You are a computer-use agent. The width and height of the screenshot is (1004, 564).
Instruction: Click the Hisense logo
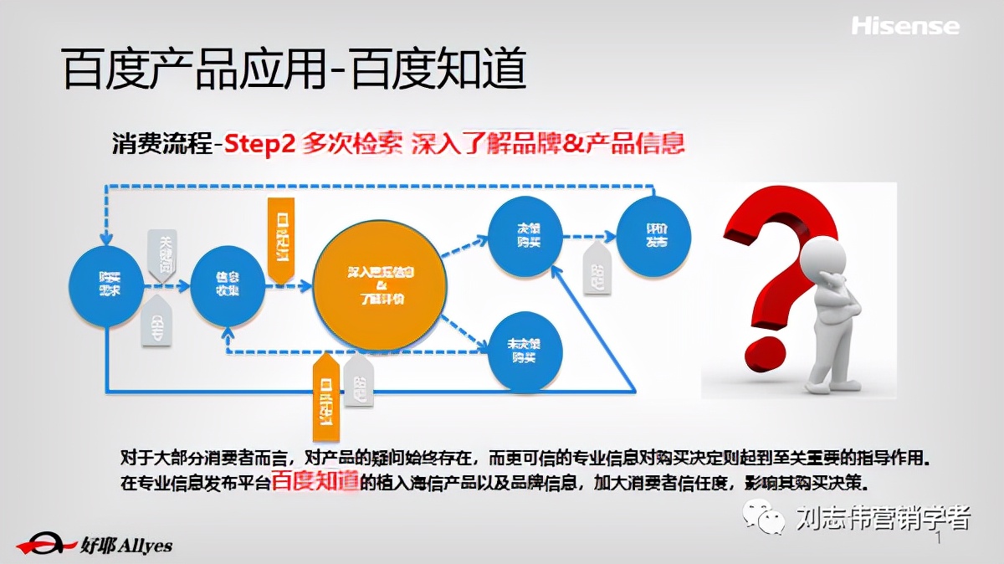pos(905,26)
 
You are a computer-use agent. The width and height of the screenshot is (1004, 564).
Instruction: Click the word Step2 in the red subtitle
pos(260,143)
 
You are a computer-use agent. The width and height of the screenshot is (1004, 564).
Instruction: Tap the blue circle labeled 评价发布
pos(654,237)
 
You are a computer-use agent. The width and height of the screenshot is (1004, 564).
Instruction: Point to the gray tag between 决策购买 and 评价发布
pos(597,269)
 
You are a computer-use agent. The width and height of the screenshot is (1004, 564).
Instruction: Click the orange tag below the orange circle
pos(326,398)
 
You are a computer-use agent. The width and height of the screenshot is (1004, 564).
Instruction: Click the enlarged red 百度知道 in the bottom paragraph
pos(315,480)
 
